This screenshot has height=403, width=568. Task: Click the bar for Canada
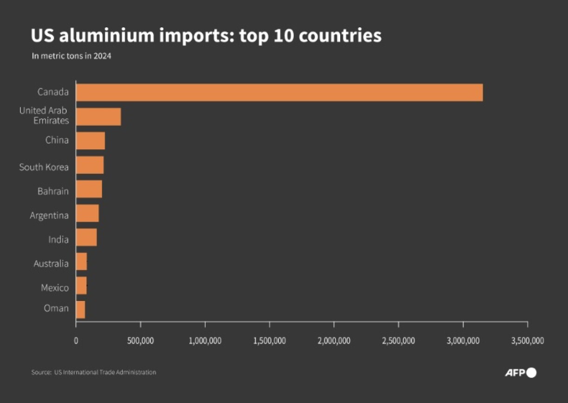click(279, 92)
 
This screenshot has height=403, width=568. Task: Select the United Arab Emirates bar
click(98, 116)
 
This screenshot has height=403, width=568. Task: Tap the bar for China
click(90, 141)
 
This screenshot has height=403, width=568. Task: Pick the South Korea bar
click(90, 165)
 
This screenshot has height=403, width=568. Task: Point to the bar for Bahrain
click(89, 189)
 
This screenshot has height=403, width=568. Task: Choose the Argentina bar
click(87, 213)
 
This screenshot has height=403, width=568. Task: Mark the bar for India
click(86, 237)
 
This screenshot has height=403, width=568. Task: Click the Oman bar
click(80, 309)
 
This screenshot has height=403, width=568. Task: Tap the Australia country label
click(51, 264)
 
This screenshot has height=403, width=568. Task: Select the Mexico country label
click(55, 288)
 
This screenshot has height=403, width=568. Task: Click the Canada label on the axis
click(53, 92)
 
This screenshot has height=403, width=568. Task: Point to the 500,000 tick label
click(140, 341)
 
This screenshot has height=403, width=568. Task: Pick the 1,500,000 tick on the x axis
click(269, 341)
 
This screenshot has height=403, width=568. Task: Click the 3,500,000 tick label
click(527, 341)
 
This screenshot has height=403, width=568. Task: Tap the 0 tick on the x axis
click(76, 341)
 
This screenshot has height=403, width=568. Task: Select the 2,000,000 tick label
click(334, 341)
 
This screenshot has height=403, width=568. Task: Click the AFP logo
click(520, 373)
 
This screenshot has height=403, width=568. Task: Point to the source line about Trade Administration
click(94, 372)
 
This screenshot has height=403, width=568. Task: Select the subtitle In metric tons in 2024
click(71, 56)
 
